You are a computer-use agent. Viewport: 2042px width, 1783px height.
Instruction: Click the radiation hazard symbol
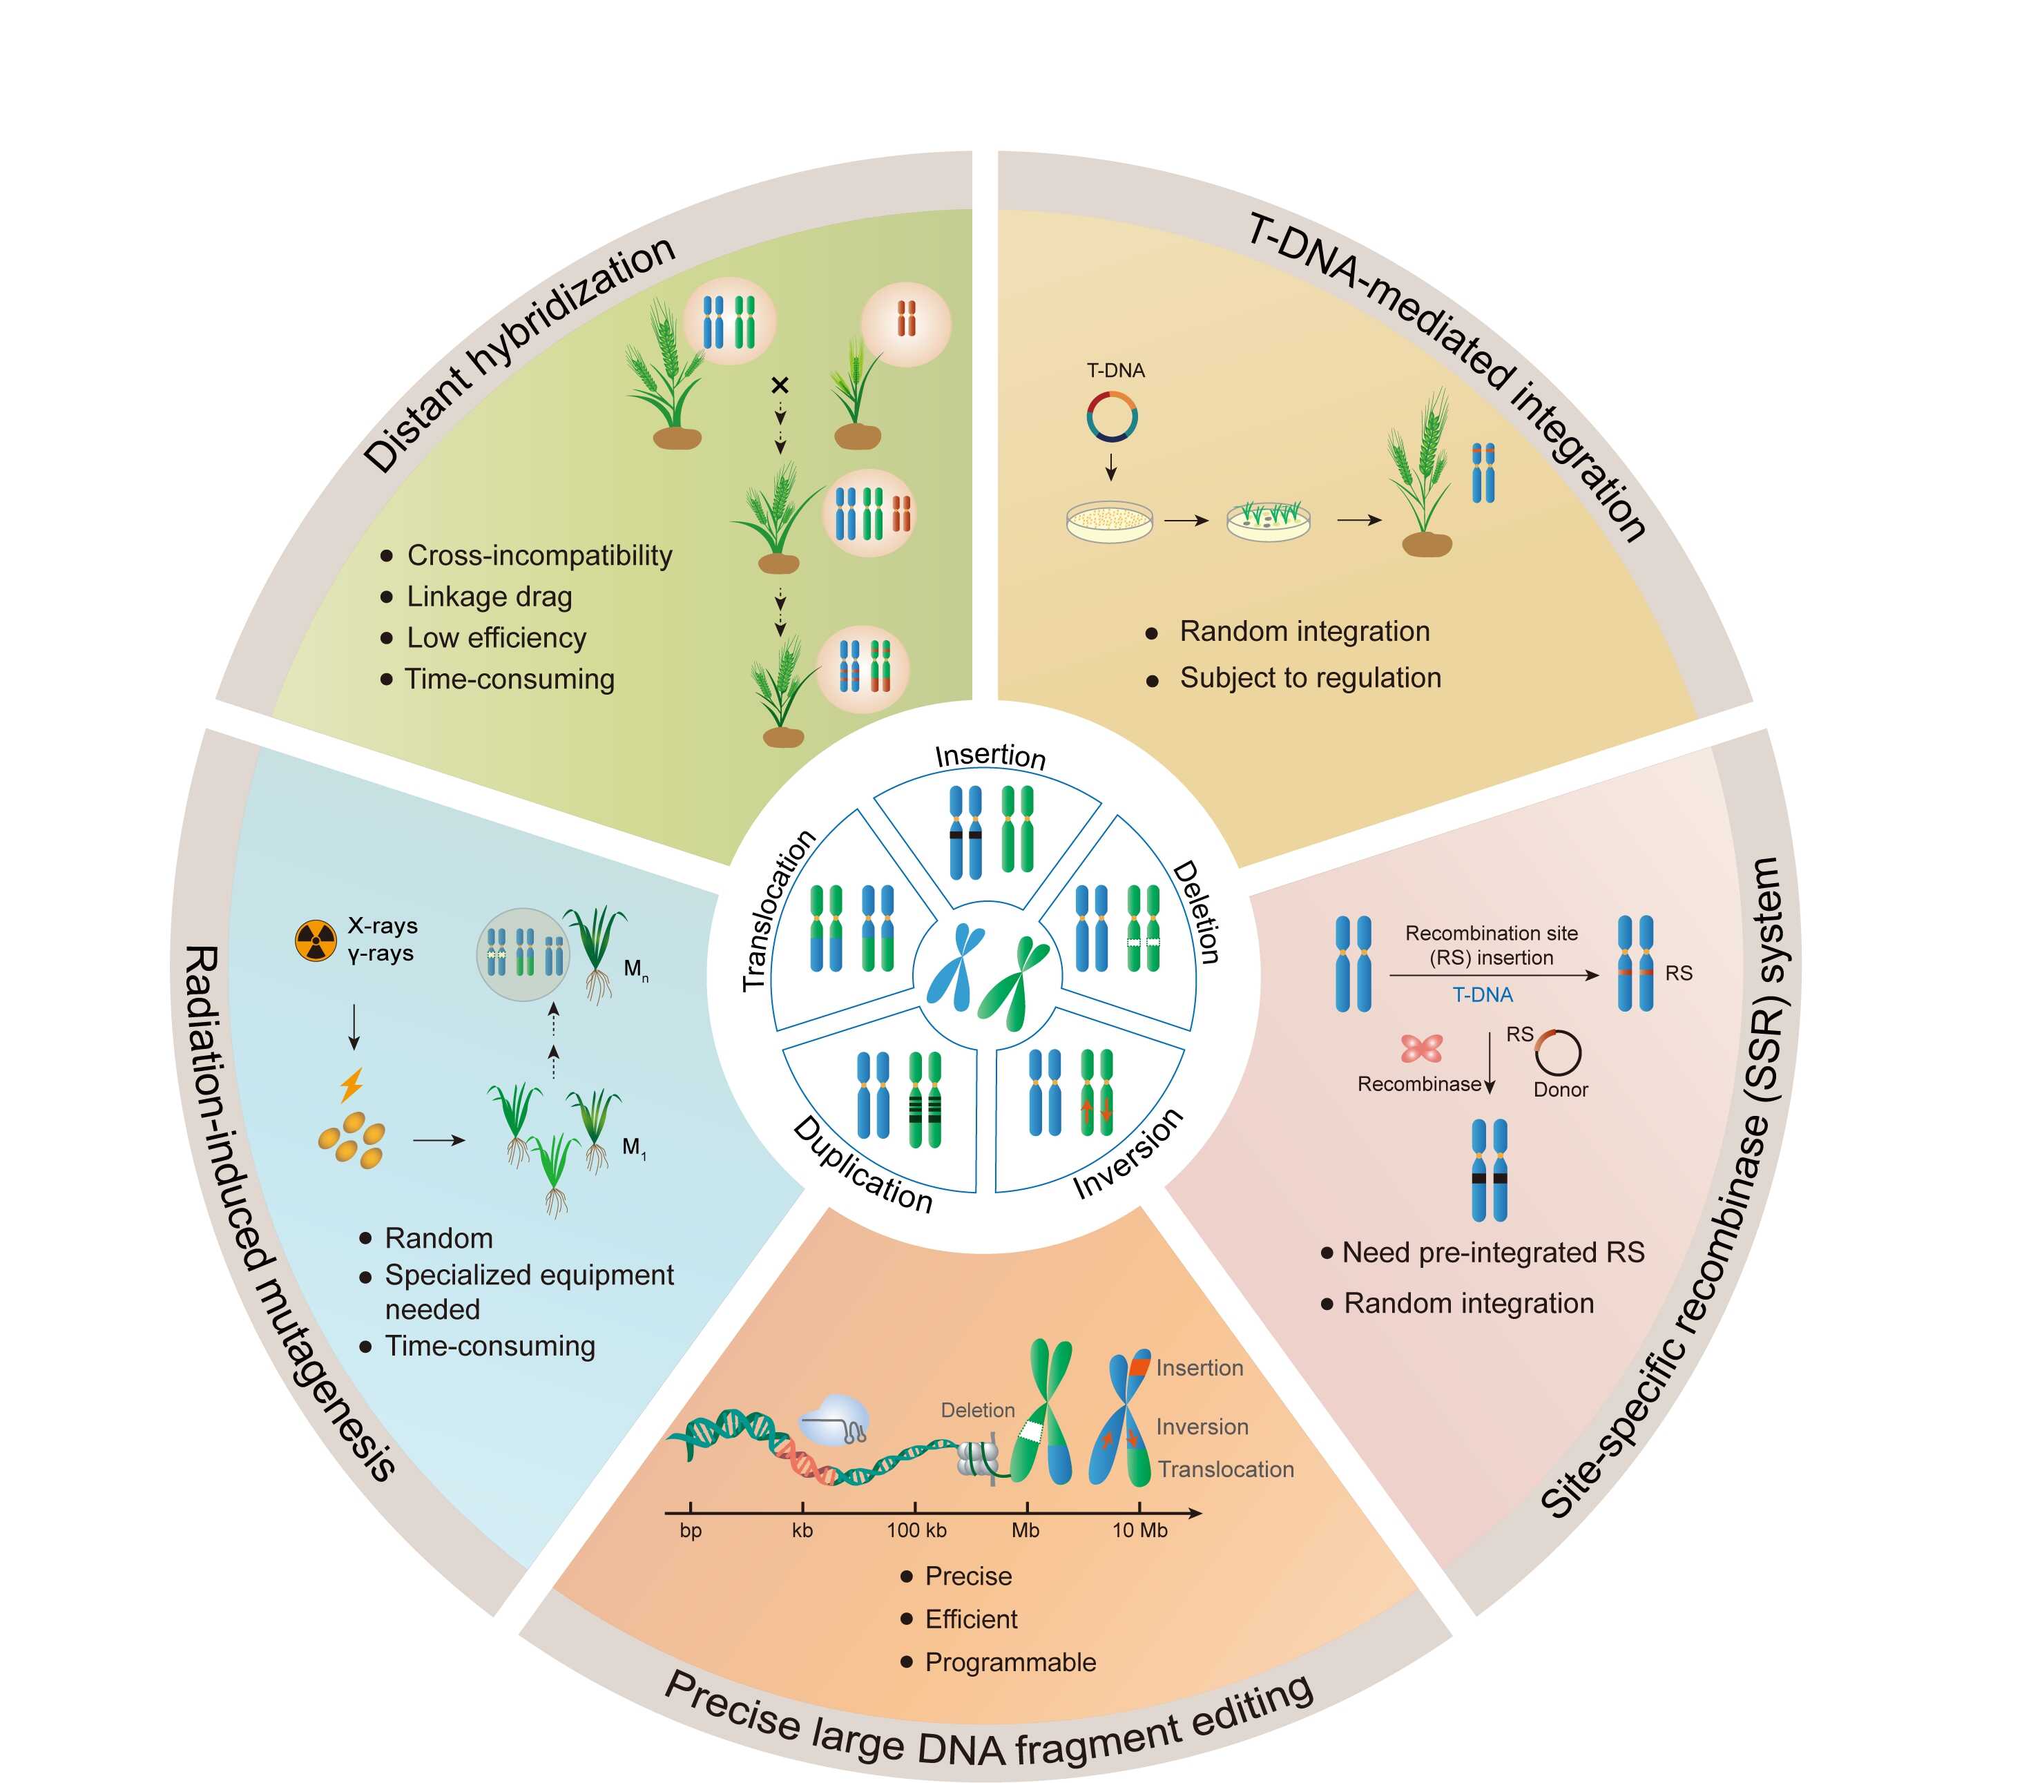coord(316,941)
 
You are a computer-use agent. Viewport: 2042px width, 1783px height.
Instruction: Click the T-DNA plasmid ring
coord(1112,416)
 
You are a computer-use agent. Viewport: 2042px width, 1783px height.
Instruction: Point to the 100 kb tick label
coord(916,1530)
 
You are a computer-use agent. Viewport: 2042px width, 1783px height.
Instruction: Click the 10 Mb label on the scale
coord(1139,1530)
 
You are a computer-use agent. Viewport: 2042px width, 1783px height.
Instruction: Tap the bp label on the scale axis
coord(691,1530)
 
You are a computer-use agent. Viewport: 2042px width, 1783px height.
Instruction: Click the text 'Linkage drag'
coord(490,597)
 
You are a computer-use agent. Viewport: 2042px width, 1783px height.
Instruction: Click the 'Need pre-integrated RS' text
coord(1493,1253)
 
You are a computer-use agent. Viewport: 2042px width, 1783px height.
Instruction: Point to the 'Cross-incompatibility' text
coord(539,555)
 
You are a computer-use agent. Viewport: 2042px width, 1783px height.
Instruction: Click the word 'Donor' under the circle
coord(1561,1090)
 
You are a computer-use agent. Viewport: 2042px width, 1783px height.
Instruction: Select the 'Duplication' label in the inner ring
coord(863,1164)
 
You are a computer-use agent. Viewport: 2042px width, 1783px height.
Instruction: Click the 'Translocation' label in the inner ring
coord(778,910)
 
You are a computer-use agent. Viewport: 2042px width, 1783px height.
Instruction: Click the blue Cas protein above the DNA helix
coord(834,1417)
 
